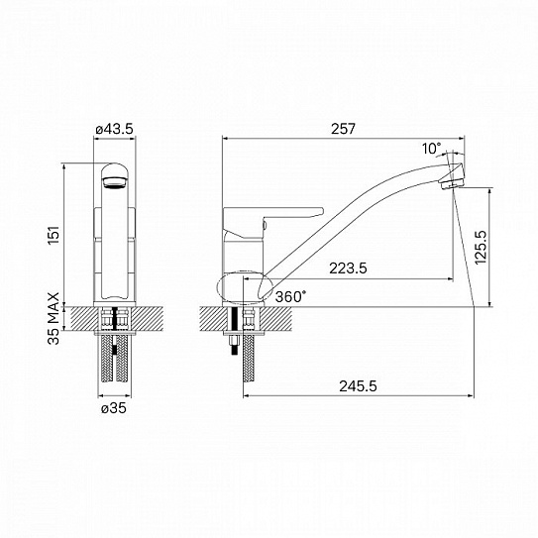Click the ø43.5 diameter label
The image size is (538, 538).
(114, 129)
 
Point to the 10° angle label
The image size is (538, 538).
(431, 149)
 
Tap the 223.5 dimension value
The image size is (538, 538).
(348, 268)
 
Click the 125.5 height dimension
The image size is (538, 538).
(482, 247)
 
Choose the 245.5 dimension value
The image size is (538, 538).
(358, 386)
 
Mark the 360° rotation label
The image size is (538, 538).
(290, 297)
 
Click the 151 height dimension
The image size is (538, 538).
(54, 235)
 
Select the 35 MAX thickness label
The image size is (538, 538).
(54, 318)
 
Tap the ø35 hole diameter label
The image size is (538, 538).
(114, 408)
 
